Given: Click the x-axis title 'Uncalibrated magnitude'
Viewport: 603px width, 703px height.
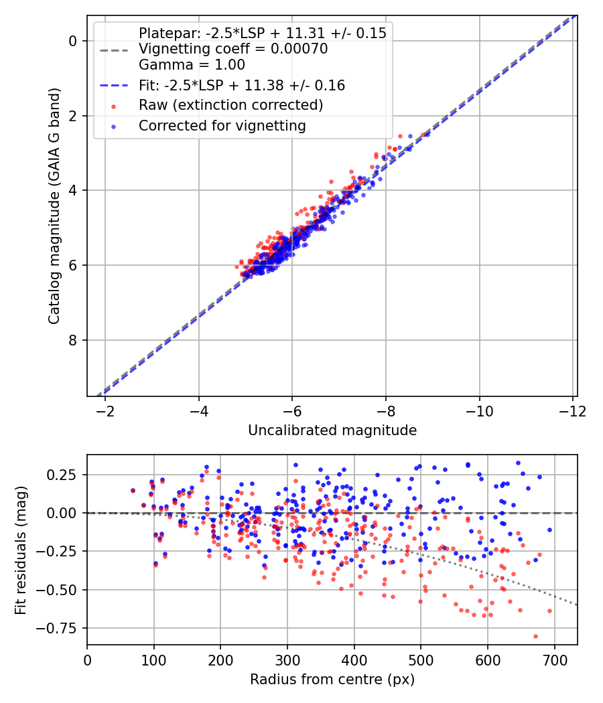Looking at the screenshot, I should tap(332, 431).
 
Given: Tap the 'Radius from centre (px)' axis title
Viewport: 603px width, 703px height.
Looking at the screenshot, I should tap(332, 680).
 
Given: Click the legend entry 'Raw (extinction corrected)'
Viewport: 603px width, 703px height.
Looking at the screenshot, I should tap(231, 105).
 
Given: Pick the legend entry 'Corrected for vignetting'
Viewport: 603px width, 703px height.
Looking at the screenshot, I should tap(222, 125).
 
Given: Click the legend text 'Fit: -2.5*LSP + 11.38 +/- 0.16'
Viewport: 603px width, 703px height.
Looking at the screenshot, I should tap(242, 85).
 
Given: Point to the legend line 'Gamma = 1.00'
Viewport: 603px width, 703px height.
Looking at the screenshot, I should tap(192, 65).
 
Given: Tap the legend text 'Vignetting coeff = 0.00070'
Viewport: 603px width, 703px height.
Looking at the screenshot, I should tap(233, 50).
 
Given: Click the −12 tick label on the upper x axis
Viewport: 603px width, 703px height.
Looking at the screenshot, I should tap(573, 410).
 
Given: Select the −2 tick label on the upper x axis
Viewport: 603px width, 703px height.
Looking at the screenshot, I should tap(105, 410).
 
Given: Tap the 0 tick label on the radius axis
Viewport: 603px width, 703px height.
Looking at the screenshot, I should tap(87, 659).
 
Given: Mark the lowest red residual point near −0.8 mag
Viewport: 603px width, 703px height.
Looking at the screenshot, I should tap(535, 636).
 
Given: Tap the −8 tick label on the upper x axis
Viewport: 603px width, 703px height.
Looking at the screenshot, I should tap(386, 410).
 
